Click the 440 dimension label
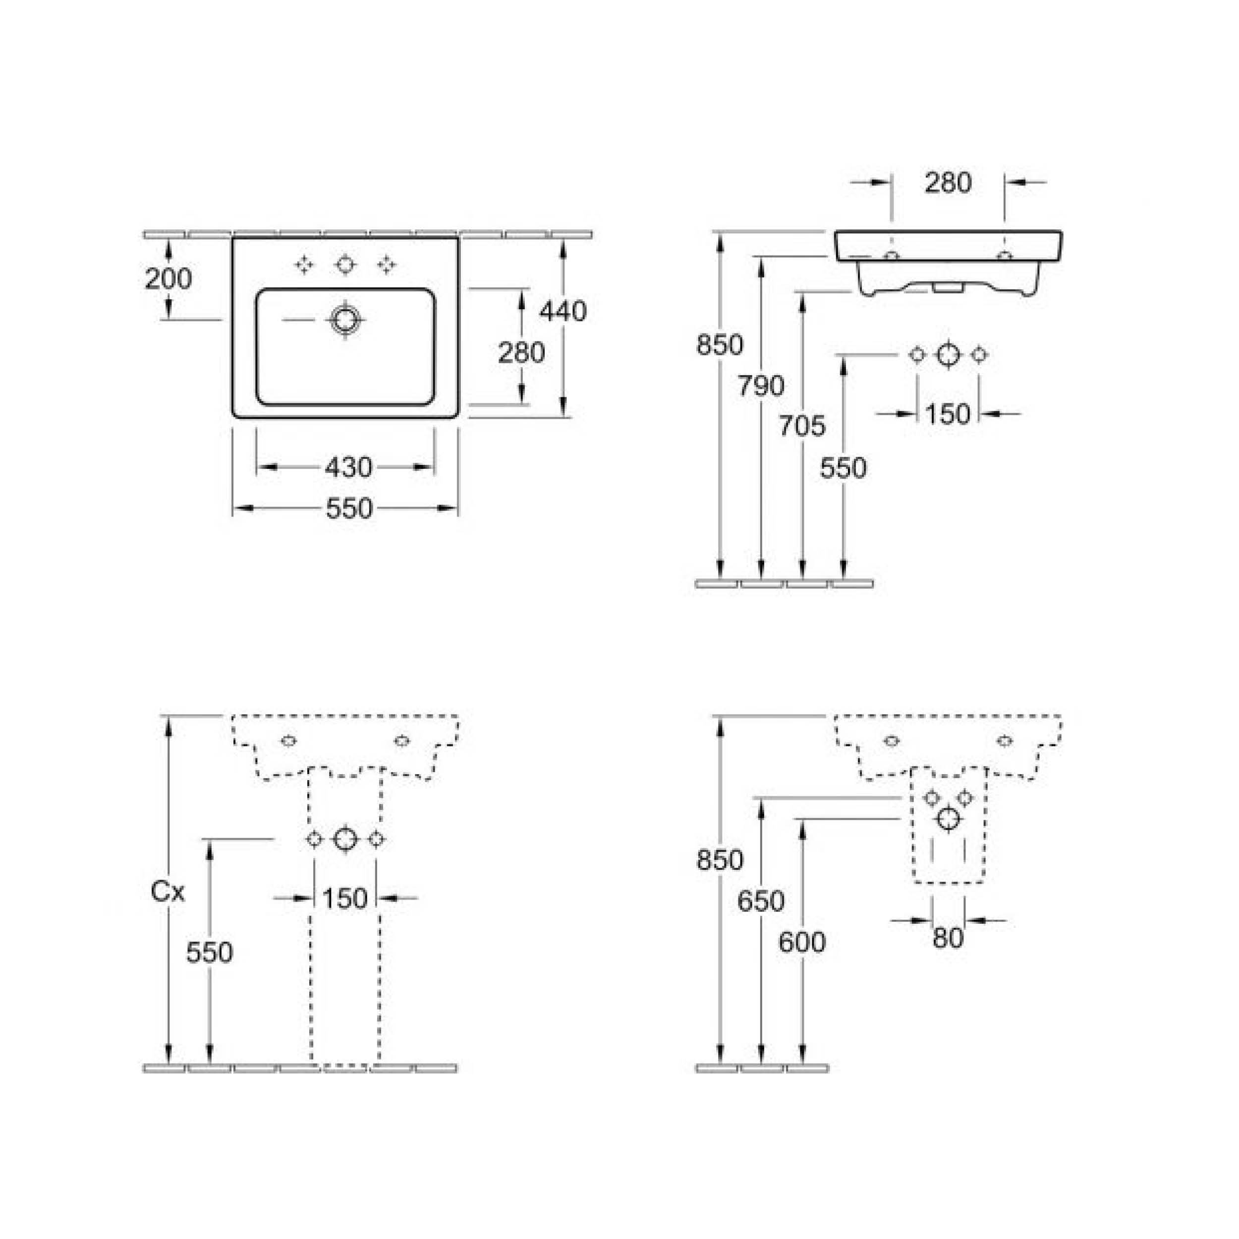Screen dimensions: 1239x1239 pos(563,311)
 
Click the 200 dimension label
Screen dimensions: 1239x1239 pos(168,279)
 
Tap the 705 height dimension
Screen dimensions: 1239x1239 pos(801,426)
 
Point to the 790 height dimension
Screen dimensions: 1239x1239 pos(761,386)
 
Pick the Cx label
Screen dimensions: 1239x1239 pos(168,892)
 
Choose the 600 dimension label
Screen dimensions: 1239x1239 pos(801,943)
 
